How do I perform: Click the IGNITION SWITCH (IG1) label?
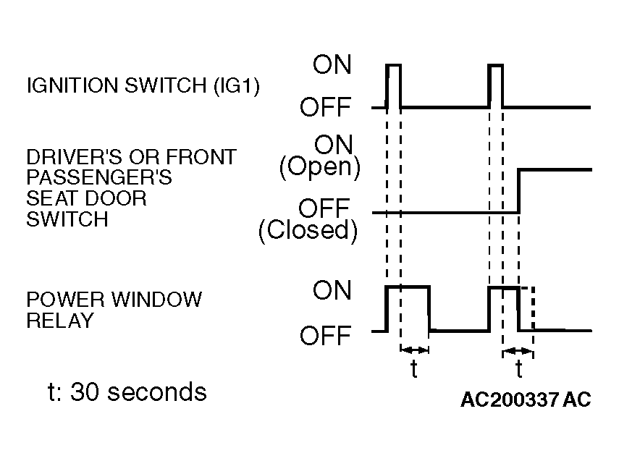[143, 85]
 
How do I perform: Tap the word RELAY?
[60, 320]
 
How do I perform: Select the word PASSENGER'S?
[99, 177]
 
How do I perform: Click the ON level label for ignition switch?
[332, 64]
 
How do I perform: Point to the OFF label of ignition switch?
[325, 107]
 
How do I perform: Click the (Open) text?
[320, 167]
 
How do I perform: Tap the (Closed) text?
[308, 230]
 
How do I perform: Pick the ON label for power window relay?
[332, 290]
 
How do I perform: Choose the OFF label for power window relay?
[325, 336]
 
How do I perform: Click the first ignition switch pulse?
[394, 85]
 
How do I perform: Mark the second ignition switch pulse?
[496, 85]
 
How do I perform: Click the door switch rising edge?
[518, 192]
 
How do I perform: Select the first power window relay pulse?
[408, 309]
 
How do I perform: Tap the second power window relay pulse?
[504, 309]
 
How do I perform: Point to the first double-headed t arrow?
[415, 350]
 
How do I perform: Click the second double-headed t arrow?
[518, 351]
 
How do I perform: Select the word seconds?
[157, 392]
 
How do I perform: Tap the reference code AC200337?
[510, 399]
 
